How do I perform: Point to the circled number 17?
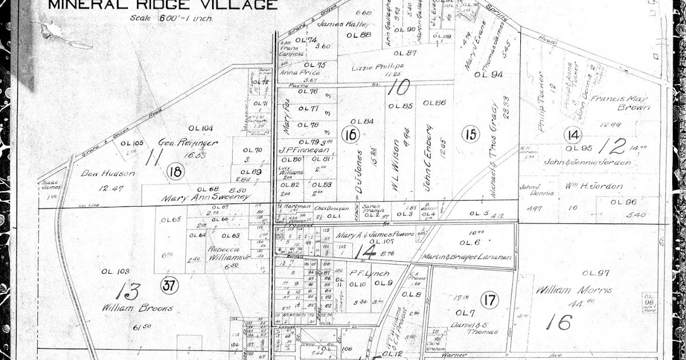(490, 299)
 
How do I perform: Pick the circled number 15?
(470, 135)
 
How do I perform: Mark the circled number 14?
(573, 135)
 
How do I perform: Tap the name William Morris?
(574, 290)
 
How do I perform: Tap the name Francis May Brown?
(621, 102)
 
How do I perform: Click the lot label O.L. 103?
(115, 271)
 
